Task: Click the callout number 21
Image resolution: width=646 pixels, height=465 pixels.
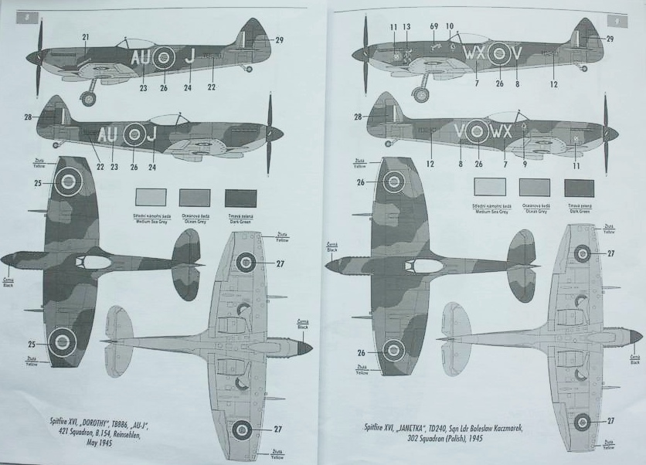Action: pos(86,36)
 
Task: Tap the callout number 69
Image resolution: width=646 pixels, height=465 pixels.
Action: pos(435,27)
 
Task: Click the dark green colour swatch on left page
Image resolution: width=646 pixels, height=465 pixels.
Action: pos(240,198)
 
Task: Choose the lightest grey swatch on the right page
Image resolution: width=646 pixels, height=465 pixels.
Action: pos(490,187)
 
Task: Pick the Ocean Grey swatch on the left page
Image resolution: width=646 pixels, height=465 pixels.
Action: pos(195,198)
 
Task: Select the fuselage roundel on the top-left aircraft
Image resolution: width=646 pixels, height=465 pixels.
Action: pos(163,56)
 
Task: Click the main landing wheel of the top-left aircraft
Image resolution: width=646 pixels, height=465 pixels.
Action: pos(90,99)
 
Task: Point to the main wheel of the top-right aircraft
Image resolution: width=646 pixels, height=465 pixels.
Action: pos(421,94)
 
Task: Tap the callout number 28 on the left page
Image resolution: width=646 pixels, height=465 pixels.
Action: pos(29,117)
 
